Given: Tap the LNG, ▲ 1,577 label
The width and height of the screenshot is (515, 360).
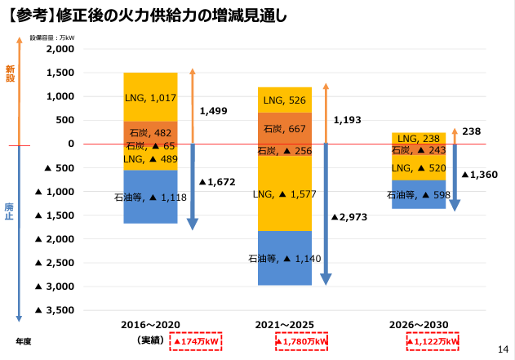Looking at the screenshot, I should click(x=285, y=194).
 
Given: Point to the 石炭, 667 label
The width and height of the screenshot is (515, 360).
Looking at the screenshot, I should click(x=285, y=128).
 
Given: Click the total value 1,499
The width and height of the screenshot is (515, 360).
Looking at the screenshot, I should click(x=213, y=110).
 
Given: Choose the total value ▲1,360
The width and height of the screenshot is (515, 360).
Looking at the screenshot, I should click(x=480, y=175).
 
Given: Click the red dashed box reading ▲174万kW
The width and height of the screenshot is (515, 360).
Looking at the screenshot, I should click(x=195, y=340).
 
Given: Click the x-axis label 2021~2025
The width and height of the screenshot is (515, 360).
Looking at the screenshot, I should click(x=285, y=324).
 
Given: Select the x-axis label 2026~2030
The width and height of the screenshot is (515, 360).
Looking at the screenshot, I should click(x=420, y=324).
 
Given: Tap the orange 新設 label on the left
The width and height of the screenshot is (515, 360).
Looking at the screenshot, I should click(x=10, y=73).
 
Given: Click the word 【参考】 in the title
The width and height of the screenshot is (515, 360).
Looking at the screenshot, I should click(x=28, y=16).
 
